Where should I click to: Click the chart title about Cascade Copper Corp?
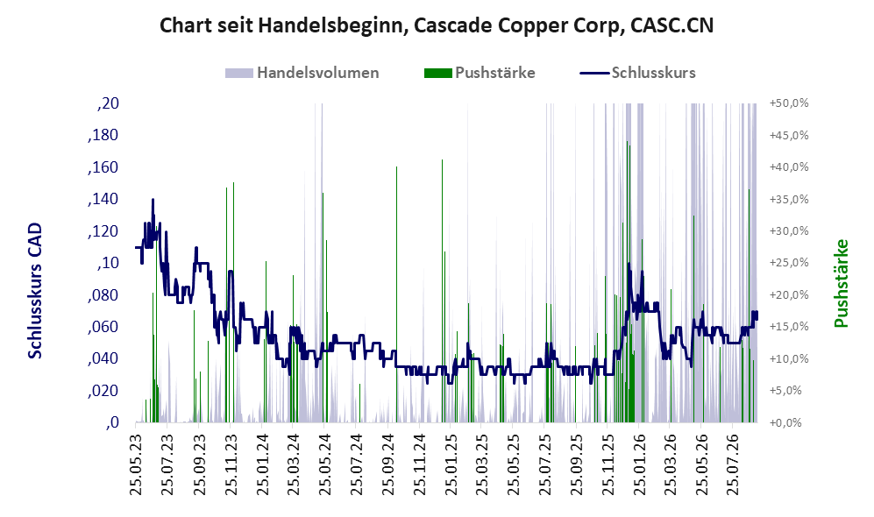pos(437,25)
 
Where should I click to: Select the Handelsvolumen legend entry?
pos(302,73)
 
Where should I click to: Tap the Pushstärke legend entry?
pos(480,73)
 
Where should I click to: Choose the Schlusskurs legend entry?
pos(637,73)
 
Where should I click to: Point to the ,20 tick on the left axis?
pos(108,103)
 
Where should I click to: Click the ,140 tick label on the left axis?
pos(103,199)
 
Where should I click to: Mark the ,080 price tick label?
pos(103,294)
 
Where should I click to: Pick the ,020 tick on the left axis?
pos(103,391)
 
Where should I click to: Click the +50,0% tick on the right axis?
pos(789,103)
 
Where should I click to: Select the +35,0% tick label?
pos(789,200)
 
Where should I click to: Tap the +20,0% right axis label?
pos(789,294)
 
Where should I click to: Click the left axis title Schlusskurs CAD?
pos(35,290)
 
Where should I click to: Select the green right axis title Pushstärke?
pos(841,283)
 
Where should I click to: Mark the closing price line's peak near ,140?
pos(153,200)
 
